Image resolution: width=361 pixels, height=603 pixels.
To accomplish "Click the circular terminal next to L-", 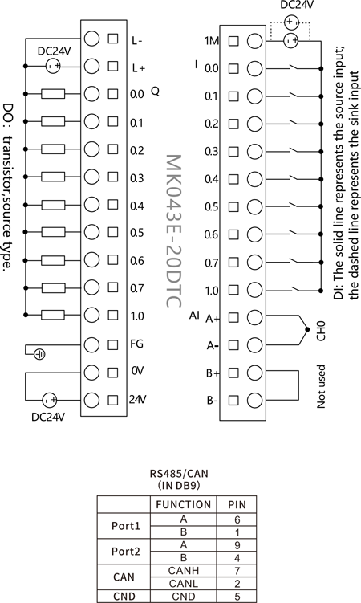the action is click(x=91, y=39).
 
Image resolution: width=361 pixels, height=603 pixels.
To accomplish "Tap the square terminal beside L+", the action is click(x=113, y=66).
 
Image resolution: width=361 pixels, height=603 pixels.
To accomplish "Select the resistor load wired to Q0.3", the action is click(x=53, y=177).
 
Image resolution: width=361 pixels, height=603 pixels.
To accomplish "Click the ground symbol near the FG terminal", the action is click(x=39, y=354).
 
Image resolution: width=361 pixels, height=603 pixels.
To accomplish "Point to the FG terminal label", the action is click(x=136, y=344).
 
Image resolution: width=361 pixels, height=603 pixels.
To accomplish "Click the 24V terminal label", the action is click(x=137, y=400).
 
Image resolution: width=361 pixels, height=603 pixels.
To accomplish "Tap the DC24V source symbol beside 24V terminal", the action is click(x=49, y=401).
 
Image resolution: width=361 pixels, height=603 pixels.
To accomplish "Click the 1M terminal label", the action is click(x=212, y=40).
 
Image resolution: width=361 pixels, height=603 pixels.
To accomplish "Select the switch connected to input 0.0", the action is click(x=295, y=68).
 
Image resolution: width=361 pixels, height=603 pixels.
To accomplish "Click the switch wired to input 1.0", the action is click(x=295, y=289).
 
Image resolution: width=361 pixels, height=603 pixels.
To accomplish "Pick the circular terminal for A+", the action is click(x=254, y=318).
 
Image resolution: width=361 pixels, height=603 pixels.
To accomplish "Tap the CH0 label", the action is click(x=321, y=331).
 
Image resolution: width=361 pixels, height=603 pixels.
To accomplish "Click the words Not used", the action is click(x=321, y=386).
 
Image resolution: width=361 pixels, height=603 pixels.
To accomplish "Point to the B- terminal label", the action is click(x=213, y=401).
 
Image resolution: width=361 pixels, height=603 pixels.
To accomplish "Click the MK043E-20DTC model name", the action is click(x=173, y=230).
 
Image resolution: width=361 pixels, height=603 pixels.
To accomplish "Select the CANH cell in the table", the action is click(x=184, y=571).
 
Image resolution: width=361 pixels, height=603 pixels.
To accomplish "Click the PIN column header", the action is click(x=237, y=504).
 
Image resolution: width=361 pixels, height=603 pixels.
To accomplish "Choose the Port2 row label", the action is click(x=126, y=552).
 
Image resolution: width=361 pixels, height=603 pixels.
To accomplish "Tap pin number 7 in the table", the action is click(x=237, y=571).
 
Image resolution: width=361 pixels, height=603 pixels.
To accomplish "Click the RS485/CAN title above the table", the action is click(x=179, y=473).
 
